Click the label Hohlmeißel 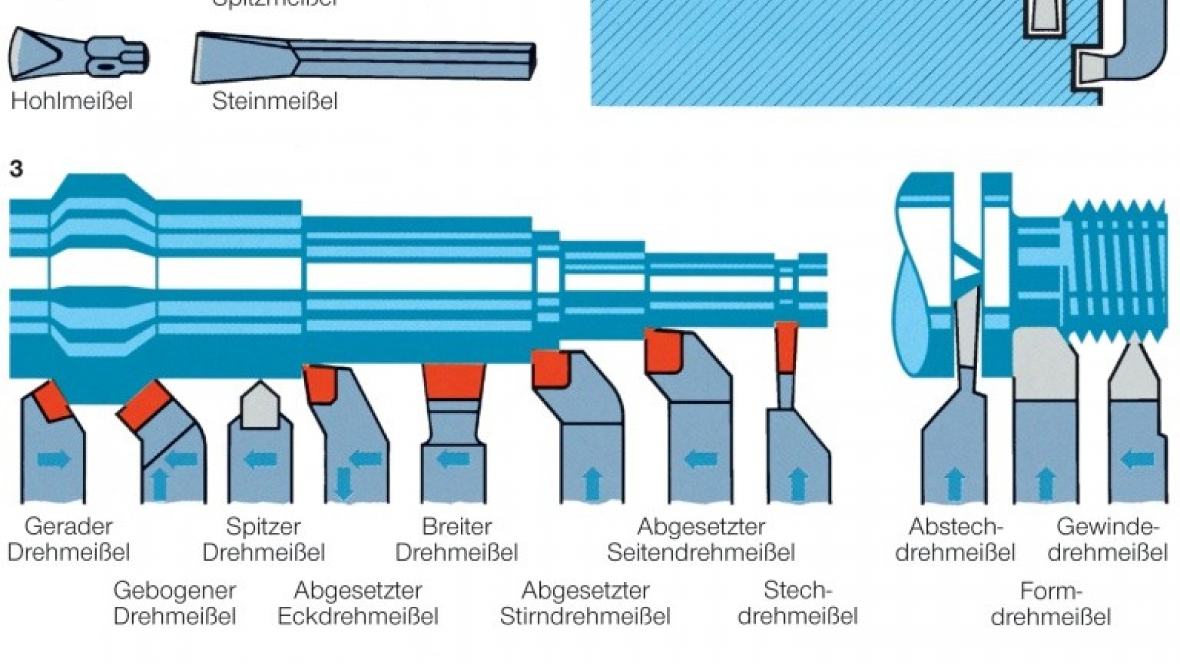[72, 101]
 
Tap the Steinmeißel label [275, 101]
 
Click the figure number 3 [17, 169]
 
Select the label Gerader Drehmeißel [68, 539]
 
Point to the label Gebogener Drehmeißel [175, 603]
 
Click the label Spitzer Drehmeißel [263, 539]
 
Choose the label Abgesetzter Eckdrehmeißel [358, 603]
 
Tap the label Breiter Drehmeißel [457, 539]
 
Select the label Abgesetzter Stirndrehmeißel [584, 603]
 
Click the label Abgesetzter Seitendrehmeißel [701, 539]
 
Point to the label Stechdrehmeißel [797, 603]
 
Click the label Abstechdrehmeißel [955, 539]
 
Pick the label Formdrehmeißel [1050, 604]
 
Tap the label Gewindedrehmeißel [1107, 539]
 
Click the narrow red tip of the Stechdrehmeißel [786, 347]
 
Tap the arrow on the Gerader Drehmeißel [54, 459]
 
